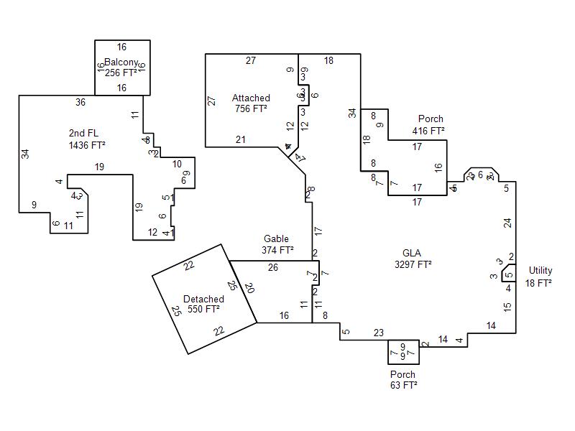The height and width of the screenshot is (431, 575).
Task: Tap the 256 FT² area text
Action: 121,73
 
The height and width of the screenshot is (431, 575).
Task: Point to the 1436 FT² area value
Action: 86,144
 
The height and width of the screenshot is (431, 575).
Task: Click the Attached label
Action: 251,98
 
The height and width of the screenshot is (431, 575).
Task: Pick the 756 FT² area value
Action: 251,108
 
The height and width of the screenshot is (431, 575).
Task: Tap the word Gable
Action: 276,239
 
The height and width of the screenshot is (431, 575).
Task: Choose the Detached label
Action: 203,299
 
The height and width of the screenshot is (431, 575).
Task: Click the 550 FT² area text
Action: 203,310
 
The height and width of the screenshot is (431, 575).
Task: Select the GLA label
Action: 412,253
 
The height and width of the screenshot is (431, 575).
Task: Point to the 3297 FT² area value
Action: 413,264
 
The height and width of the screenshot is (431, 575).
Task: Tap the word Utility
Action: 540,271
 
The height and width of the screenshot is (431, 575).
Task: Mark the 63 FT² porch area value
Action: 402,385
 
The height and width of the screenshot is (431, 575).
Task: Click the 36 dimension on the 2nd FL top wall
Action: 80,103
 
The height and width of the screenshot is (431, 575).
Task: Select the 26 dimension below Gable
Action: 273,268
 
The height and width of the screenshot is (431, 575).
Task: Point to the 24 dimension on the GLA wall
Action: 508,223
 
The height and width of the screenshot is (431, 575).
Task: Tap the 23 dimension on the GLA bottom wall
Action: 379,332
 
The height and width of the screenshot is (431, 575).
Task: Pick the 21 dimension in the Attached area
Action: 241,139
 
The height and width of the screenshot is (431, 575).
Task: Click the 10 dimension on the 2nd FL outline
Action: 177,164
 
